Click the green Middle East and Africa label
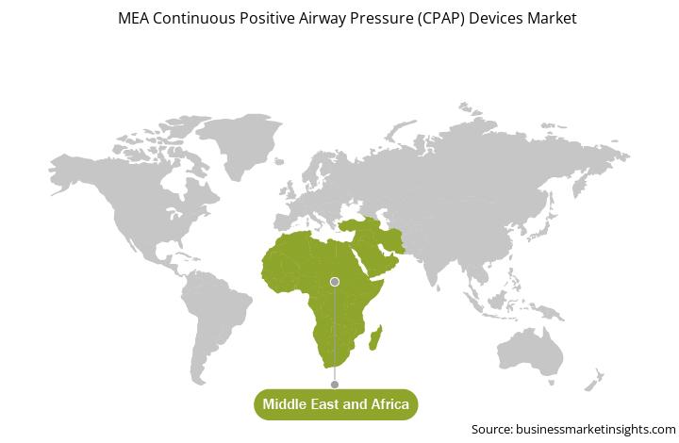pos(336,404)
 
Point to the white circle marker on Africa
pos(334,282)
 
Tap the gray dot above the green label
pos(334,385)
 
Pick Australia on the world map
pos(530,352)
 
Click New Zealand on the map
pos(593,381)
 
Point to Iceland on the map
pos(279,161)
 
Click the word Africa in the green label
pos(390,404)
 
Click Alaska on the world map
pos(72,171)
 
